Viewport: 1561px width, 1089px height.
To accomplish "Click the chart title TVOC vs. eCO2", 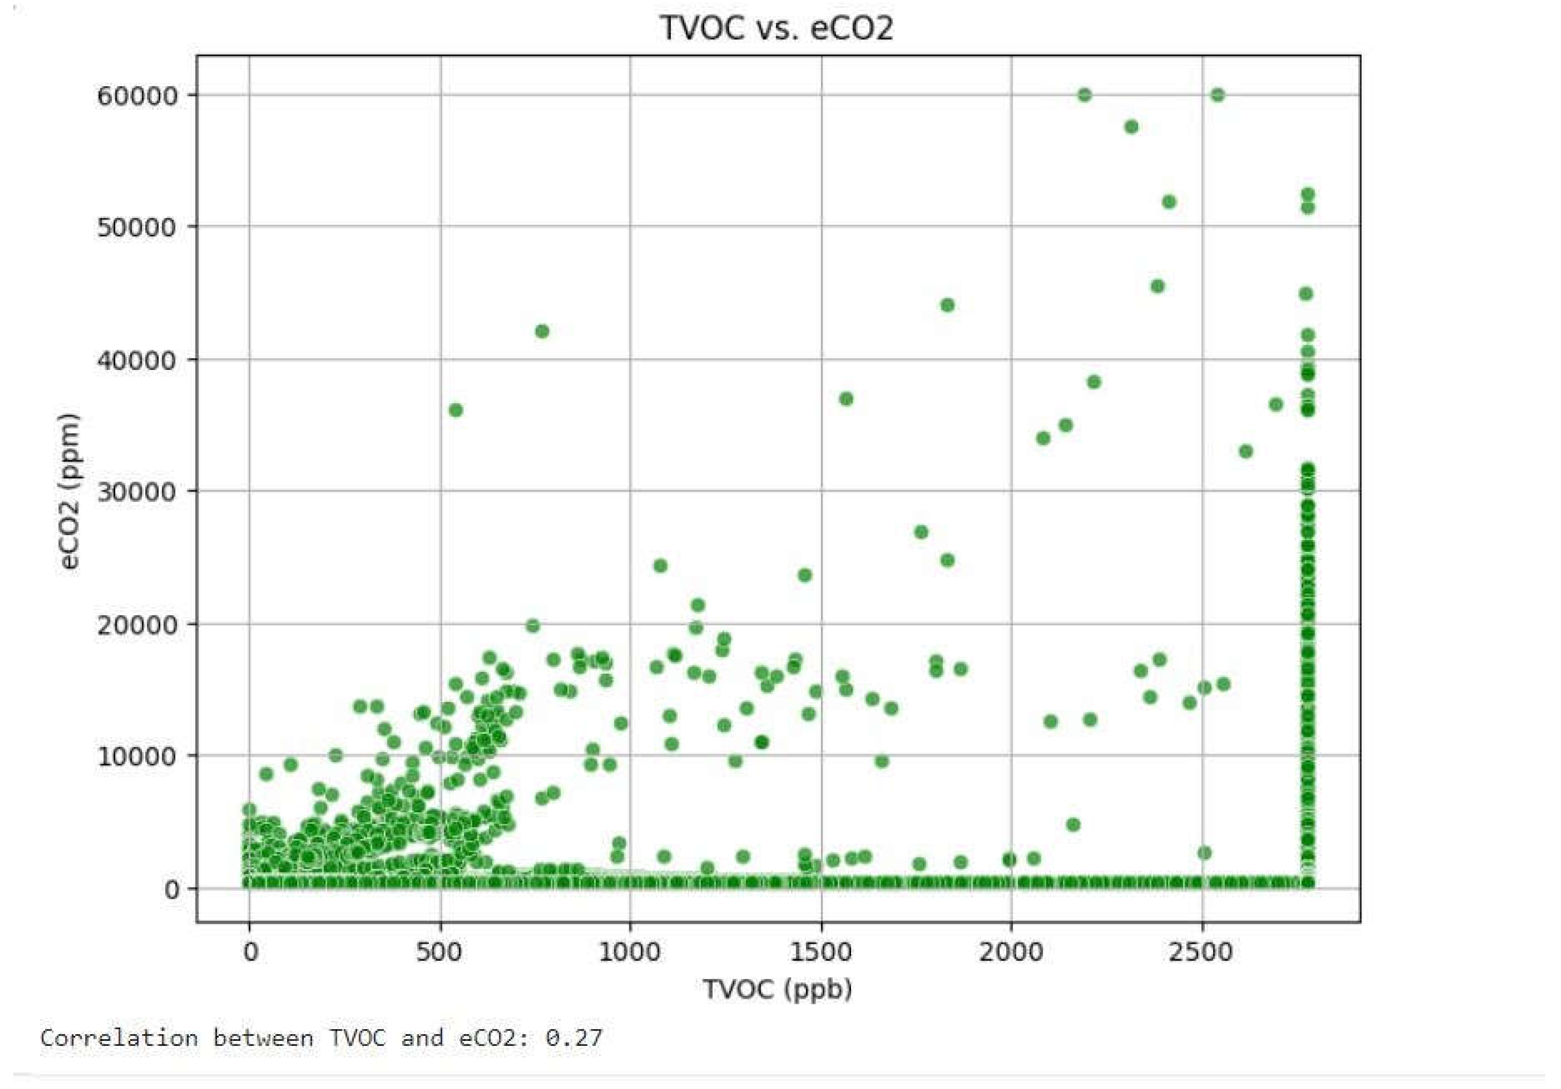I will [776, 28].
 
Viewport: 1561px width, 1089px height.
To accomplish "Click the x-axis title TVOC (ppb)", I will [777, 990].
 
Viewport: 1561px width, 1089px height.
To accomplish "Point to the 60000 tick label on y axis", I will [138, 96].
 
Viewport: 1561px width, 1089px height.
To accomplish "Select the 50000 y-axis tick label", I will [138, 227].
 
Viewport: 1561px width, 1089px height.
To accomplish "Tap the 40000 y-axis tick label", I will [138, 360].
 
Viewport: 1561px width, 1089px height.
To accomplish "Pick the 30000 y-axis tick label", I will [138, 491].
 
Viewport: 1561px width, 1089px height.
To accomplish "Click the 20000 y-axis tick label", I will [138, 625].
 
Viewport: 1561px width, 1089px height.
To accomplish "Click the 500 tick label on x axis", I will [439, 952].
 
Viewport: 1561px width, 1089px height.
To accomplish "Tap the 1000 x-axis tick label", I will [629, 952].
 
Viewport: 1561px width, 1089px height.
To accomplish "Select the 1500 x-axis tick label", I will [821, 952].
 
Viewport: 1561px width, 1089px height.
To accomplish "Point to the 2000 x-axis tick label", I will [1011, 952].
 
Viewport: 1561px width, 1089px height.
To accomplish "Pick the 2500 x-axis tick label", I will [1201, 952].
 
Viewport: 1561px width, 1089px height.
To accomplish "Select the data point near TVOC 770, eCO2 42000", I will [542, 331].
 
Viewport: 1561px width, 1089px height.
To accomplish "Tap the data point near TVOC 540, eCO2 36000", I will [455, 410].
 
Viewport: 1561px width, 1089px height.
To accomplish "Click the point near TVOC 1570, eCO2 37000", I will [846, 399].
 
